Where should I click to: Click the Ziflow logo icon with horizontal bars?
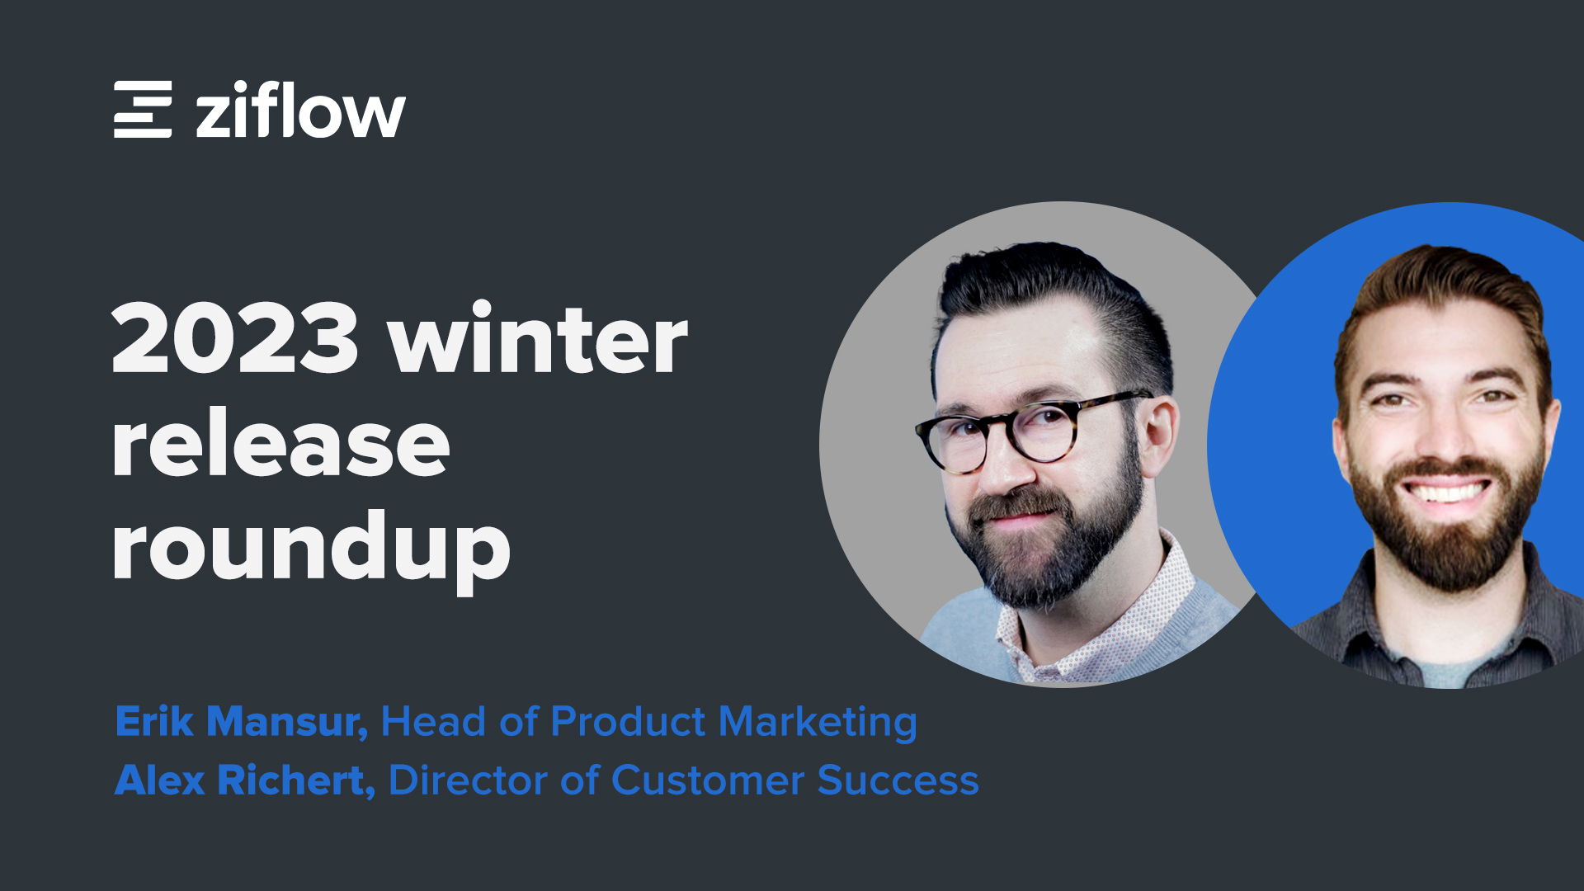143,109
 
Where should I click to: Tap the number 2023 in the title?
235,337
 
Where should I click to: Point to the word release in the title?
281,445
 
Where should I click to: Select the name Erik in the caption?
154,721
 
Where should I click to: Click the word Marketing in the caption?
818,723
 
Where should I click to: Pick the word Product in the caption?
628,721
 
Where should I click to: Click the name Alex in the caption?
159,780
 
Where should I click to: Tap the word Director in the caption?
468,780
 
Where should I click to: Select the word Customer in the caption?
708,780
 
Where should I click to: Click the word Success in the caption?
898,780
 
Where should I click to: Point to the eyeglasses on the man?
1031,429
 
